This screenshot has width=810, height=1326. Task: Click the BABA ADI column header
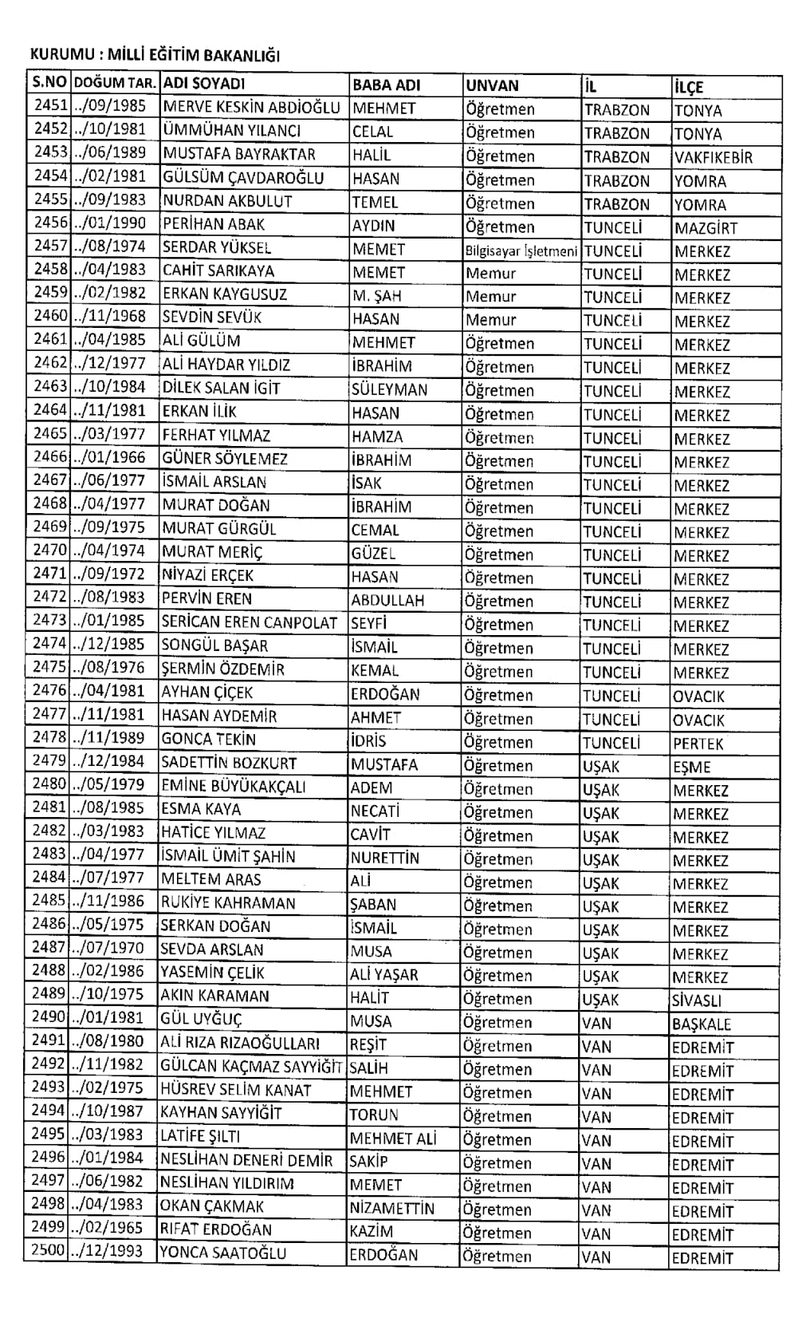pos(386,85)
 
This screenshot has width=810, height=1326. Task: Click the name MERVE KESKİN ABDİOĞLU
pos(251,108)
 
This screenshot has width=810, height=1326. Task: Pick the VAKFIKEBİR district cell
pos(713,157)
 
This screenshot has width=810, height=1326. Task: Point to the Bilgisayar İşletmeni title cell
pos(521,251)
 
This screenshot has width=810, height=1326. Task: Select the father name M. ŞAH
pos(378,296)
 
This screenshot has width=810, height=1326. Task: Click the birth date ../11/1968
pos(110,317)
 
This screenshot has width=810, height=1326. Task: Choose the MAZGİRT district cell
pos(706,228)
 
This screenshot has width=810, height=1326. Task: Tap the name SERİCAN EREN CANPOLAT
pos(250,622)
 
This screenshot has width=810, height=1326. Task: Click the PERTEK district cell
pos(698,744)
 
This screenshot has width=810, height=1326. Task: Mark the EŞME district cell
pos(691,768)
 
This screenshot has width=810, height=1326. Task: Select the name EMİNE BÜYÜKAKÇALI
pos(234,787)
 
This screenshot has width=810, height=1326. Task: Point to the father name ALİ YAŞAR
pos(383,974)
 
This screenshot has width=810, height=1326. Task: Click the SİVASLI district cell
pos(697,1000)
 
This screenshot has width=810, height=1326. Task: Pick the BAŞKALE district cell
pos(701,1024)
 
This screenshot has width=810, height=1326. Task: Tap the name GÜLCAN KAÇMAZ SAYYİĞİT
pos(251,1067)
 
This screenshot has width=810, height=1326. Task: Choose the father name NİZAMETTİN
pos(392,1208)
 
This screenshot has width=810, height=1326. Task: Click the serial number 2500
pos(48,1250)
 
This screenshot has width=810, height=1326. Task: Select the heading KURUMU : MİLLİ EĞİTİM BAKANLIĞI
pos(155,56)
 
